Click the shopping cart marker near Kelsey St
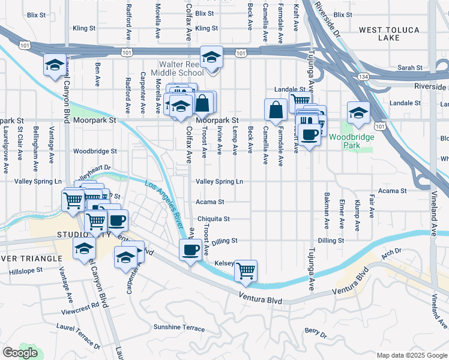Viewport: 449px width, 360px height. click(246, 271)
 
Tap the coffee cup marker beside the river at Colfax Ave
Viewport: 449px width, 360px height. click(191, 250)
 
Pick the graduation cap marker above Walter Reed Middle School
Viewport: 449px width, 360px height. click(211, 58)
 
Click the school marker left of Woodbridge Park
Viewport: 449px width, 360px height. click(358, 112)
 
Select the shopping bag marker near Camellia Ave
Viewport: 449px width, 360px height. click(276, 110)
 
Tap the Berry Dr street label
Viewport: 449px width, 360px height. click(315, 331)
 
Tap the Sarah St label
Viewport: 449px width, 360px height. click(409, 68)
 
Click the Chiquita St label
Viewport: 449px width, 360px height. click(214, 219)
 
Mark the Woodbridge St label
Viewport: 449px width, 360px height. click(95, 151)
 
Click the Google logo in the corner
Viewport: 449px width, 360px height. click(20, 353)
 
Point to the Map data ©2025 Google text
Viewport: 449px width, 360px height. click(412, 355)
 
